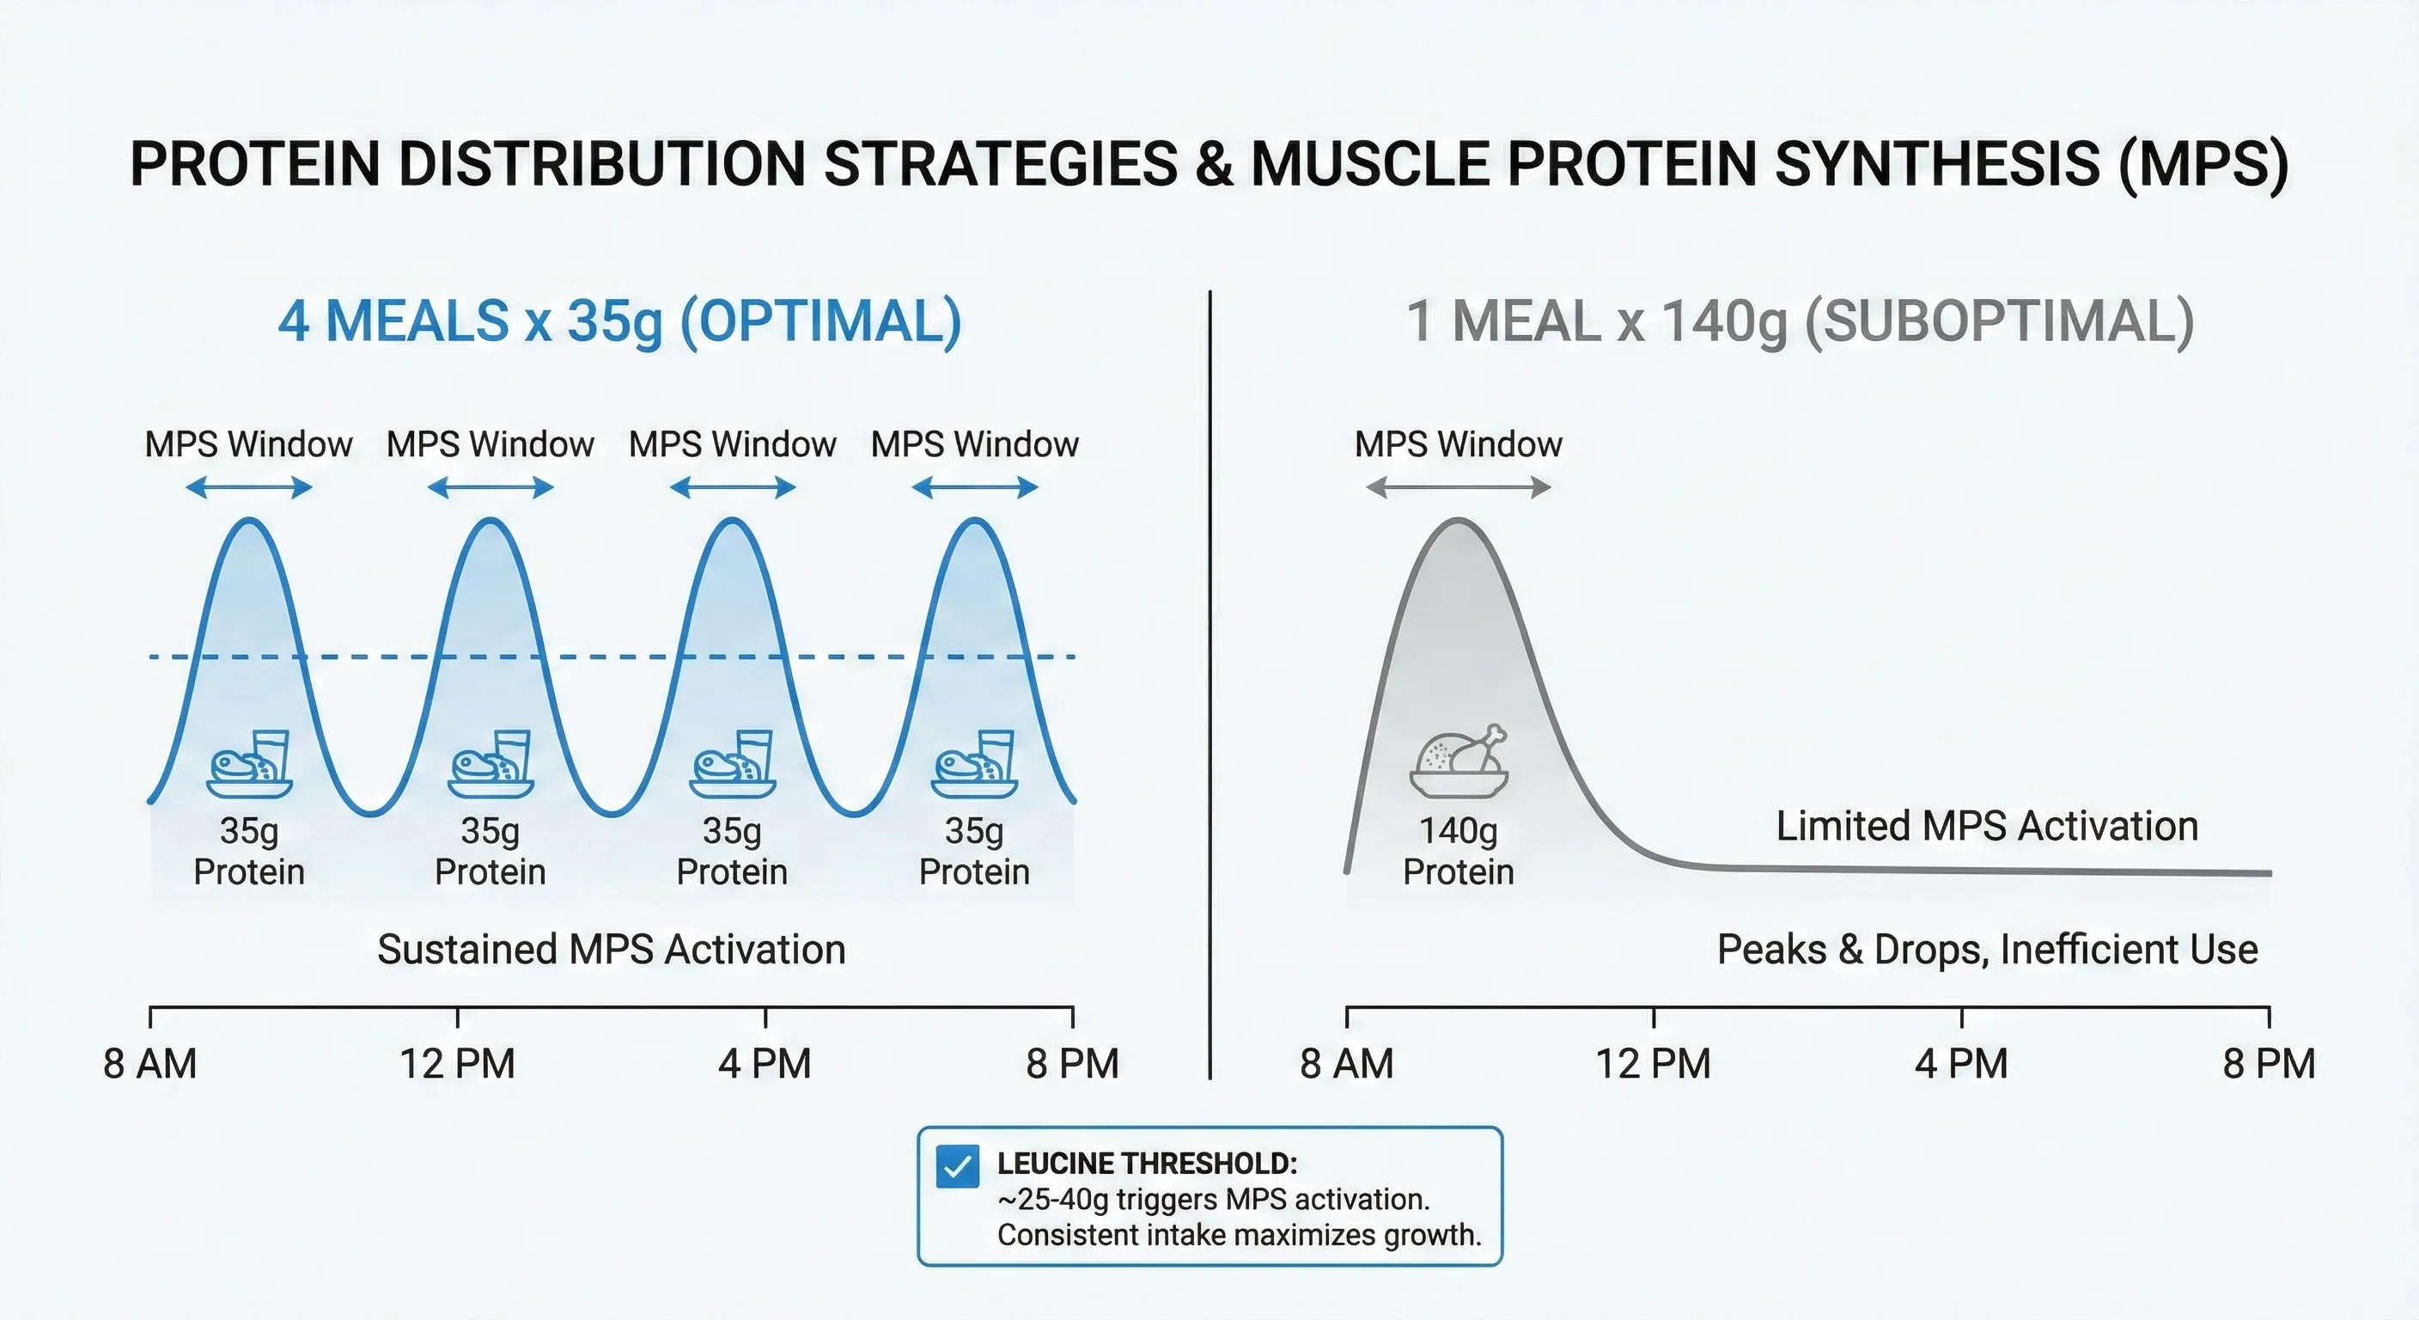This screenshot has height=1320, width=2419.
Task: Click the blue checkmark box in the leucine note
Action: (x=957, y=1167)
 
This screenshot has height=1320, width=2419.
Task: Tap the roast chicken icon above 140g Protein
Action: (x=1459, y=762)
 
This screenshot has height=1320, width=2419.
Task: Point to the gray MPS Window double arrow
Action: (x=1459, y=487)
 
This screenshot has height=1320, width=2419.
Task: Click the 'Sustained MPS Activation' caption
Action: (x=612, y=949)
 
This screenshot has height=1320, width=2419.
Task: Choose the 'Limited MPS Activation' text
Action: (x=1987, y=826)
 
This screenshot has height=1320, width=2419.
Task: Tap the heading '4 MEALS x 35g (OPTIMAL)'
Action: (x=619, y=321)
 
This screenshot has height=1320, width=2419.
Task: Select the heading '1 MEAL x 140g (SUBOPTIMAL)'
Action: (x=1801, y=321)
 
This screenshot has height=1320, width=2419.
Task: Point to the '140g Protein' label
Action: (x=1459, y=851)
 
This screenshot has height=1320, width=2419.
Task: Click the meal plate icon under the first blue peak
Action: (x=250, y=764)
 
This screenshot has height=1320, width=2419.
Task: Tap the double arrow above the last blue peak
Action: (x=975, y=487)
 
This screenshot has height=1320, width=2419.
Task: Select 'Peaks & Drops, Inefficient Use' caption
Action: (x=1987, y=949)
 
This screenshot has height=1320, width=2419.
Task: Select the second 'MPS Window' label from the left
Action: (x=491, y=443)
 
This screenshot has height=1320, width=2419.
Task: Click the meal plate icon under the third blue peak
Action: (x=734, y=764)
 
